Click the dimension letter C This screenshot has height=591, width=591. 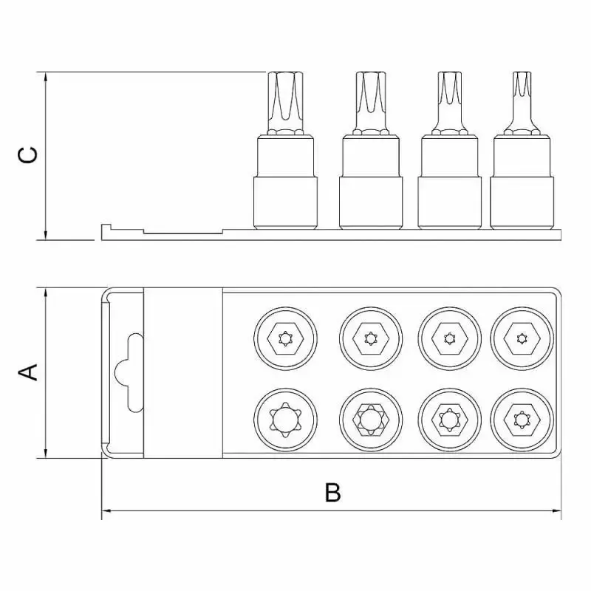[28, 155]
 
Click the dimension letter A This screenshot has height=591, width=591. [28, 372]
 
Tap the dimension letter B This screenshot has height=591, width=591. [333, 492]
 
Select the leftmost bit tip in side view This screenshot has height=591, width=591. [285, 102]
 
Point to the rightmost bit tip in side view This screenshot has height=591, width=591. [522, 102]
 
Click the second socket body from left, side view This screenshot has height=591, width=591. [371, 182]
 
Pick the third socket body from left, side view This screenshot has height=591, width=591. [449, 182]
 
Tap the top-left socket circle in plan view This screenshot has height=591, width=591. [285, 338]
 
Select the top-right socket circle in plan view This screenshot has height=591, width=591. [522, 338]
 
